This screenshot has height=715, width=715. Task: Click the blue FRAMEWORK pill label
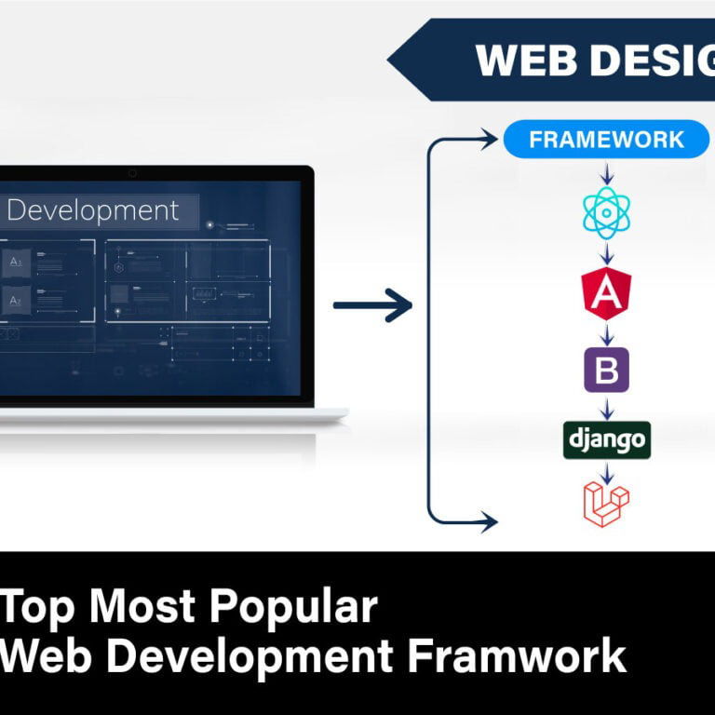pos(606,140)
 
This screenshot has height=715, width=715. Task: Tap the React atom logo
pos(606,213)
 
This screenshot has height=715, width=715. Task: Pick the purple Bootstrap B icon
pos(606,370)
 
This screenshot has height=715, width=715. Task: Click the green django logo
pos(606,439)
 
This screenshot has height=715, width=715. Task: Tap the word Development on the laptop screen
pos(92,210)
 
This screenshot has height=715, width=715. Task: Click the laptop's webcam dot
pos(132,173)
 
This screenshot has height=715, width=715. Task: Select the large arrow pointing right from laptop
pos(372,304)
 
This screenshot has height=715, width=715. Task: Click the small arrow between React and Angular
pos(606,253)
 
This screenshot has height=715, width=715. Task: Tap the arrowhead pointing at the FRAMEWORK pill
pos(491,140)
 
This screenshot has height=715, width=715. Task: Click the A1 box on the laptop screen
pos(16,263)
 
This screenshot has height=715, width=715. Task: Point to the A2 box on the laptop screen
pos(16,300)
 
